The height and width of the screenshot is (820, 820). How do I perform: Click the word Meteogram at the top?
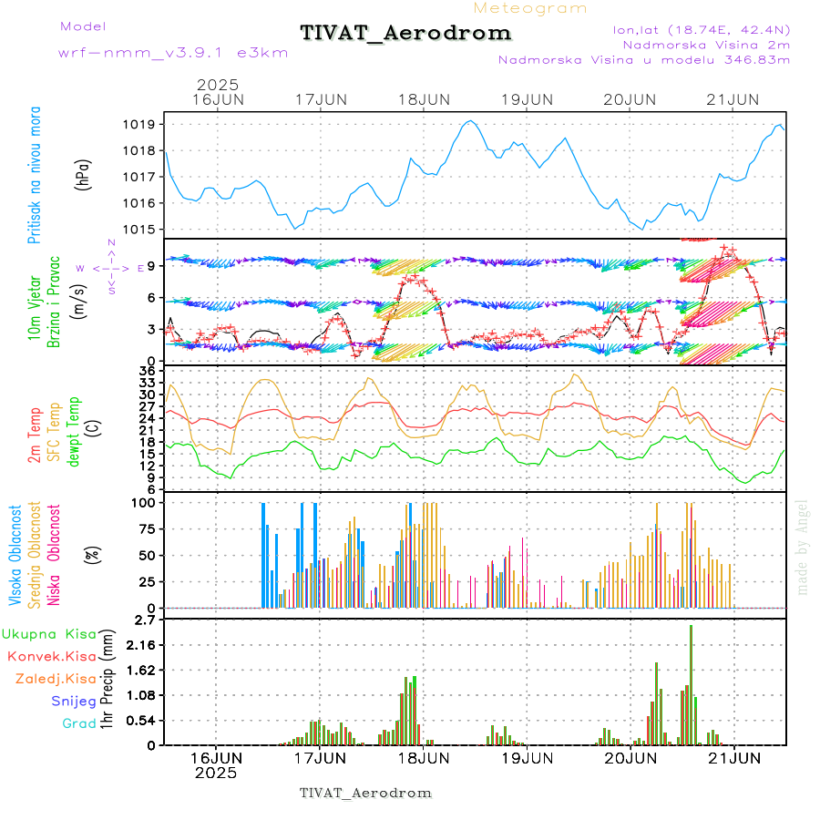(x=530, y=8)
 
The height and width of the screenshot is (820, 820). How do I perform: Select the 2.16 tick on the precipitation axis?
(x=141, y=644)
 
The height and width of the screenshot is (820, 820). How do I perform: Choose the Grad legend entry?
(x=78, y=723)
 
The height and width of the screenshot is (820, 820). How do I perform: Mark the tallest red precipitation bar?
(x=692, y=683)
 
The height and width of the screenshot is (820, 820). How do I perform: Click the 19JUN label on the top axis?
(x=528, y=98)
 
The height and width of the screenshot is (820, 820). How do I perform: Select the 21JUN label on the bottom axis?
(x=733, y=757)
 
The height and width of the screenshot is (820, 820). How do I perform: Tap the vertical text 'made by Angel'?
(x=803, y=547)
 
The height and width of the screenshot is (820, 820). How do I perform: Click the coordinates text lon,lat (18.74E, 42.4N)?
(x=701, y=29)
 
